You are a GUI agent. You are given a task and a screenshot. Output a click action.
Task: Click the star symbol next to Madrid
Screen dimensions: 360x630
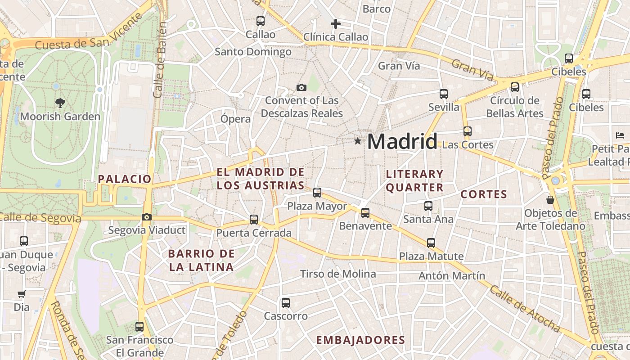point(358,141)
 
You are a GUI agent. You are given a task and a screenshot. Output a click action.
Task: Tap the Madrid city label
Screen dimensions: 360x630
point(402,142)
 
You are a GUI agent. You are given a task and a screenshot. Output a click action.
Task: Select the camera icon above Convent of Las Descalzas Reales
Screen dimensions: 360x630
point(301,87)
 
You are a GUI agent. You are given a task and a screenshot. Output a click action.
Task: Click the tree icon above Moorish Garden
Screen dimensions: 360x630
point(60,103)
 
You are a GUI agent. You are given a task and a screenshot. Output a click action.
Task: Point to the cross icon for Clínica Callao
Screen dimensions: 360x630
point(335,24)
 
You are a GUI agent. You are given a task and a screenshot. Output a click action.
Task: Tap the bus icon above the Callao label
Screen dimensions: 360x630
point(260,21)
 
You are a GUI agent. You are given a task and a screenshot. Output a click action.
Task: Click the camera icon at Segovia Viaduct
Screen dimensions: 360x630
point(146,217)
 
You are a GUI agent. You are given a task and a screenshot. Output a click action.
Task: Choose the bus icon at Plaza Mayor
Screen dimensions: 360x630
point(317,193)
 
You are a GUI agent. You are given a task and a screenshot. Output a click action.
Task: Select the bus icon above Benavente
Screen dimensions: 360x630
point(365,212)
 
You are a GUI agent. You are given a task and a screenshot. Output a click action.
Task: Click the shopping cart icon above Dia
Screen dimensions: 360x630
point(21,294)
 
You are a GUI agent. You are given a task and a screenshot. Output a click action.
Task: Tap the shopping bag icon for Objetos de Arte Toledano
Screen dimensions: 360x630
point(550,199)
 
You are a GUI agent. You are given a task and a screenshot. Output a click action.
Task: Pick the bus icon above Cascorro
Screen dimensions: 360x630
point(285,302)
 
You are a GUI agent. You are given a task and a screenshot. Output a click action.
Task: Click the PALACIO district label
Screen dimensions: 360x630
point(125,179)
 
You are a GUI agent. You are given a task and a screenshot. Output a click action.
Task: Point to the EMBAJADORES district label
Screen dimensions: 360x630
point(360,340)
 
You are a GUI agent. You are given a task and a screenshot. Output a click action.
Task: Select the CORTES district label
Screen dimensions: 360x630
point(484,194)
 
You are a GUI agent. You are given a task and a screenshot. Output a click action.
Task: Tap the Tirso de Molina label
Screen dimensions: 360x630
point(338,274)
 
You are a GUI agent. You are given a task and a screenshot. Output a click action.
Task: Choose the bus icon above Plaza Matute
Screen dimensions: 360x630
point(431,243)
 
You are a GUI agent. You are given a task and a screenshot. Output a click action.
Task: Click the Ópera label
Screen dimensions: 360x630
point(235,119)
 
